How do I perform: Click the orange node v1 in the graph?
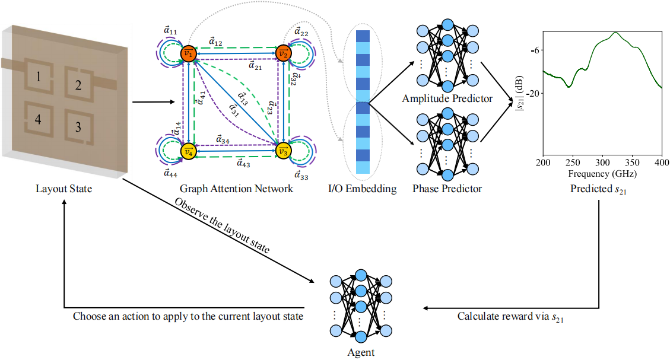point(188,54)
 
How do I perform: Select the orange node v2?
point(284,54)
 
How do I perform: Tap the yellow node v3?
point(284,152)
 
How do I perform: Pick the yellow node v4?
point(188,152)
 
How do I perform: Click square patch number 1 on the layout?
point(37,76)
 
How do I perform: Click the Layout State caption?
point(63,189)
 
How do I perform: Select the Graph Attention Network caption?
point(236,189)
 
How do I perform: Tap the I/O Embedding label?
point(362,189)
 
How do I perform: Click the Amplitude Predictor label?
point(447,98)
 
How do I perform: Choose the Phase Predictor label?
point(447,189)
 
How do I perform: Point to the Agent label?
point(361,352)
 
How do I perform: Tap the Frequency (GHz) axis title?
point(602,174)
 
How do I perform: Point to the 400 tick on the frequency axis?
point(661,163)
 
